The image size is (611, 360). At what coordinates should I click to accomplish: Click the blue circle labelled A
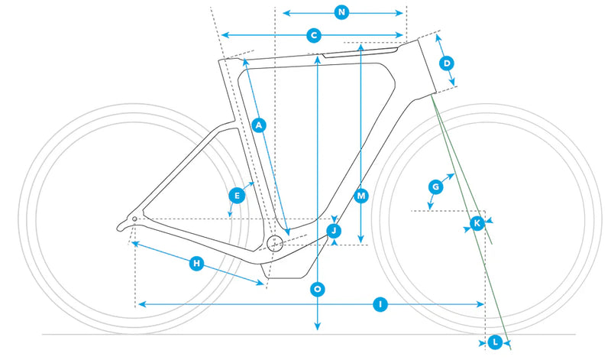pos(259,125)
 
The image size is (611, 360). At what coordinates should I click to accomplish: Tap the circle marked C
pos(314,35)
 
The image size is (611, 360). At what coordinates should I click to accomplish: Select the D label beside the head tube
pos(447,63)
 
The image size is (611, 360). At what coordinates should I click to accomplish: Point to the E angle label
pos(237,196)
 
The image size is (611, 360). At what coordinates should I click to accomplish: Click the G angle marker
pos(435,187)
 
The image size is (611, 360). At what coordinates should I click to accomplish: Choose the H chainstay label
pos(197,264)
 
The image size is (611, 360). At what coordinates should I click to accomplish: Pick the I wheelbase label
pos(380,304)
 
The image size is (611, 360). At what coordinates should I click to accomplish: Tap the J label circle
pos(334,231)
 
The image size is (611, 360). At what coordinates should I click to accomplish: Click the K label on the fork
pos(477,224)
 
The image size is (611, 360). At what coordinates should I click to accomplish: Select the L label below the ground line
pos(495,343)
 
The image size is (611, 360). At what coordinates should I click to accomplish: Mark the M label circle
pos(361,196)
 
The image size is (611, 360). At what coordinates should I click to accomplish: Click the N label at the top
pos(341,13)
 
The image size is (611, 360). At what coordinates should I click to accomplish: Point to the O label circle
pos(318,290)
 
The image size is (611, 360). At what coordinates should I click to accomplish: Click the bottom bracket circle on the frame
pos(275,243)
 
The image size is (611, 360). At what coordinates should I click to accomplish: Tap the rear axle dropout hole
pos(135,219)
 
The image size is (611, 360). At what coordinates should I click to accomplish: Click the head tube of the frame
pos(428,67)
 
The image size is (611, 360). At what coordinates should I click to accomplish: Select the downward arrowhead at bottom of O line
pos(318,326)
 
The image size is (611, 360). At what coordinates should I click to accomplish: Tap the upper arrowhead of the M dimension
pos(361,48)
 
